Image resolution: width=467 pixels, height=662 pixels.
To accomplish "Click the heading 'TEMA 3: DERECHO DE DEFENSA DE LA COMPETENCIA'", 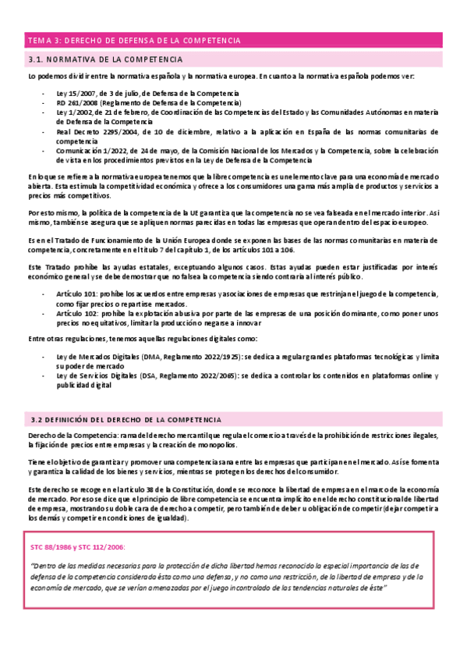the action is pos(134,41).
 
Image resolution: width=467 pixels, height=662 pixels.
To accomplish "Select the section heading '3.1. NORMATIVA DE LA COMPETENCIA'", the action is pos(105,59).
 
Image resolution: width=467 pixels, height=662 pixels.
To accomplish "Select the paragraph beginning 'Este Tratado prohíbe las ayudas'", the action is pos(233,272).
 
